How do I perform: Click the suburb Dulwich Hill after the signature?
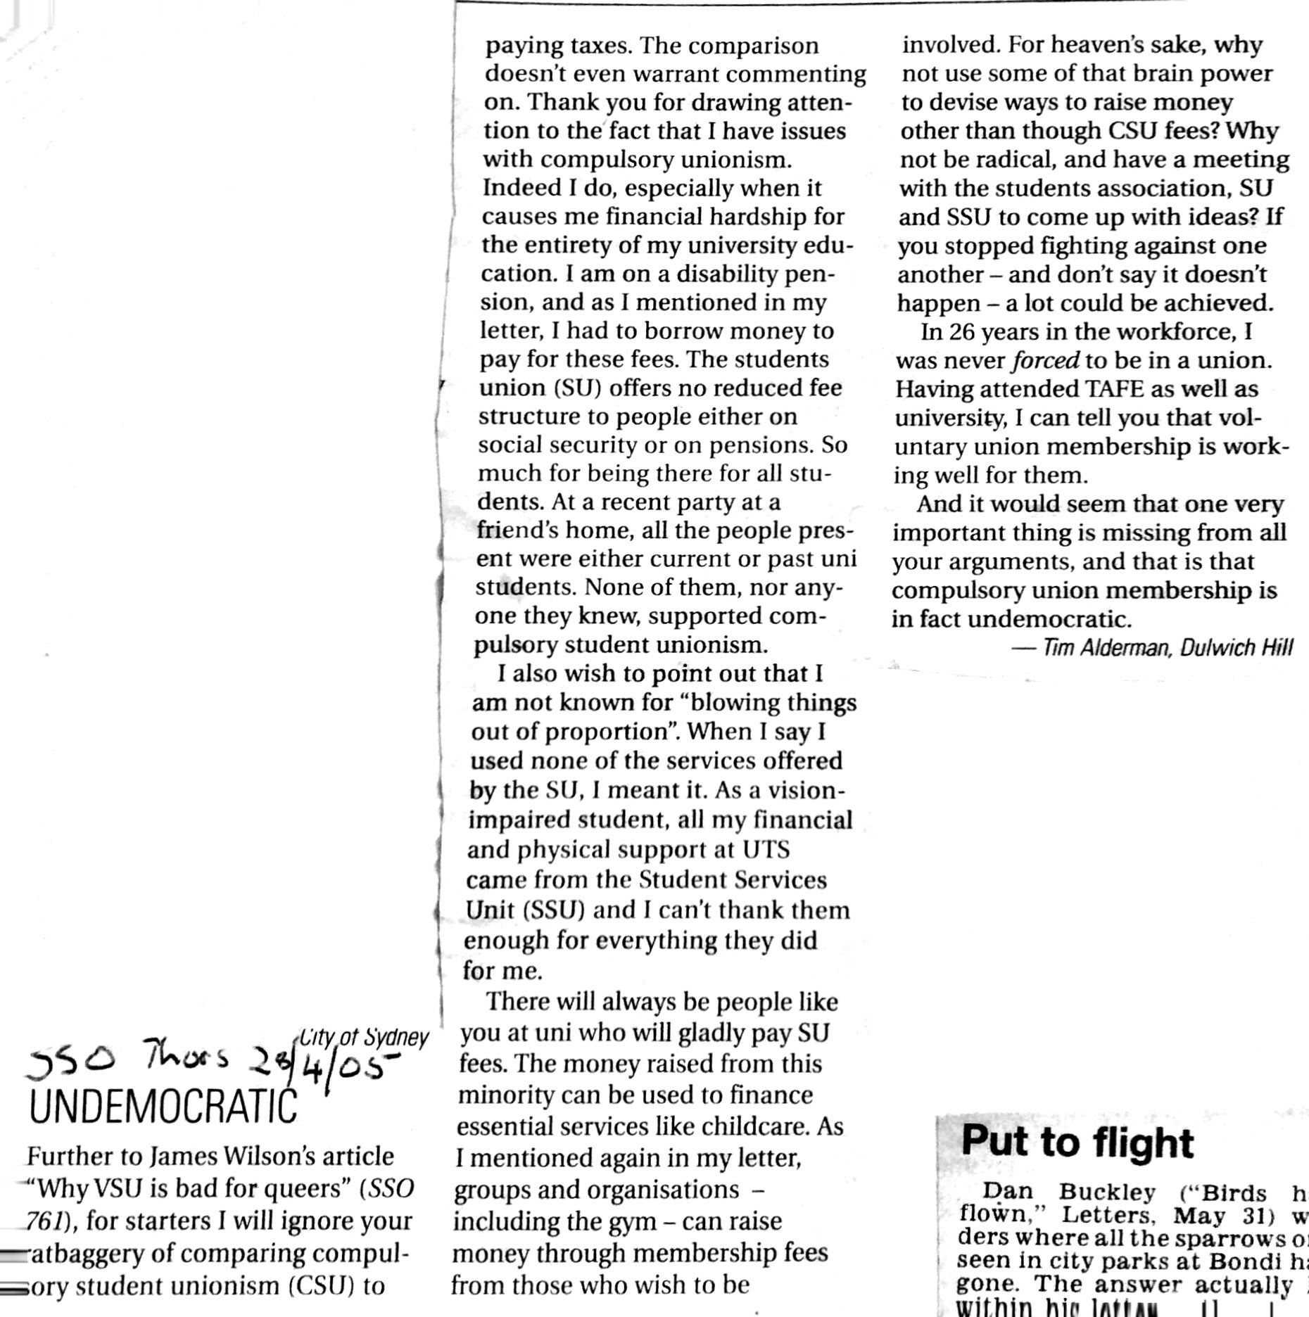[x=1237, y=647]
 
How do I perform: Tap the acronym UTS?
[x=766, y=849]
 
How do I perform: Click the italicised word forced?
[x=1045, y=360]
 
